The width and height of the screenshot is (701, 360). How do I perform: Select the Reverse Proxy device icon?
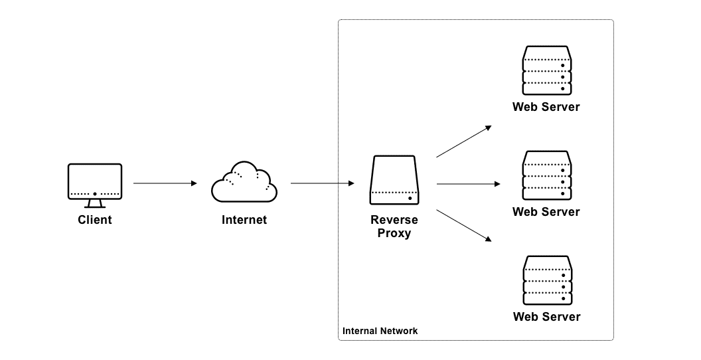pyautogui.click(x=394, y=180)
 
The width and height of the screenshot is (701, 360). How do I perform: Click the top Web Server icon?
pyautogui.click(x=547, y=70)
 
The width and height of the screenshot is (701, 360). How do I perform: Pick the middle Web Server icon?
pyautogui.click(x=547, y=175)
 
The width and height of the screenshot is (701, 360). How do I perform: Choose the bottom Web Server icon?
pyautogui.click(x=547, y=280)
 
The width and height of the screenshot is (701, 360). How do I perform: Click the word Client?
pyautogui.click(x=95, y=220)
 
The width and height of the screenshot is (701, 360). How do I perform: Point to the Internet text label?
pyautogui.click(x=244, y=220)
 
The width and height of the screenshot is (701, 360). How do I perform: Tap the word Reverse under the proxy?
pyautogui.click(x=394, y=220)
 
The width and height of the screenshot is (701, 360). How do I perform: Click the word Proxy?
pyautogui.click(x=394, y=233)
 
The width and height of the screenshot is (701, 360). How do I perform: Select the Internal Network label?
pyautogui.click(x=380, y=331)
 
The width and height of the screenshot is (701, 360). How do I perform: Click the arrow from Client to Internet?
pyautogui.click(x=165, y=183)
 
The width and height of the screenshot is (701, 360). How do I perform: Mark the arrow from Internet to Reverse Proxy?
pyautogui.click(x=323, y=183)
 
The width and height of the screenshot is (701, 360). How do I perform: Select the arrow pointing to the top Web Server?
pyautogui.click(x=464, y=141)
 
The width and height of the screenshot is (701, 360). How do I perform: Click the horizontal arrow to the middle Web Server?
pyautogui.click(x=469, y=184)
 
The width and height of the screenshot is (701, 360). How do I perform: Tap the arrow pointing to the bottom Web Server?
pyautogui.click(x=464, y=225)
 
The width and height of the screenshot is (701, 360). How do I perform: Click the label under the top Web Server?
pyautogui.click(x=546, y=107)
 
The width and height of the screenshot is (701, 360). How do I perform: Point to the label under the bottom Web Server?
pyautogui.click(x=547, y=317)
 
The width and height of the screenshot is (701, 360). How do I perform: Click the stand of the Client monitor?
pyautogui.click(x=95, y=204)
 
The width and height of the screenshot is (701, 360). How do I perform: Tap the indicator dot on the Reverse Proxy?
pyautogui.click(x=410, y=198)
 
